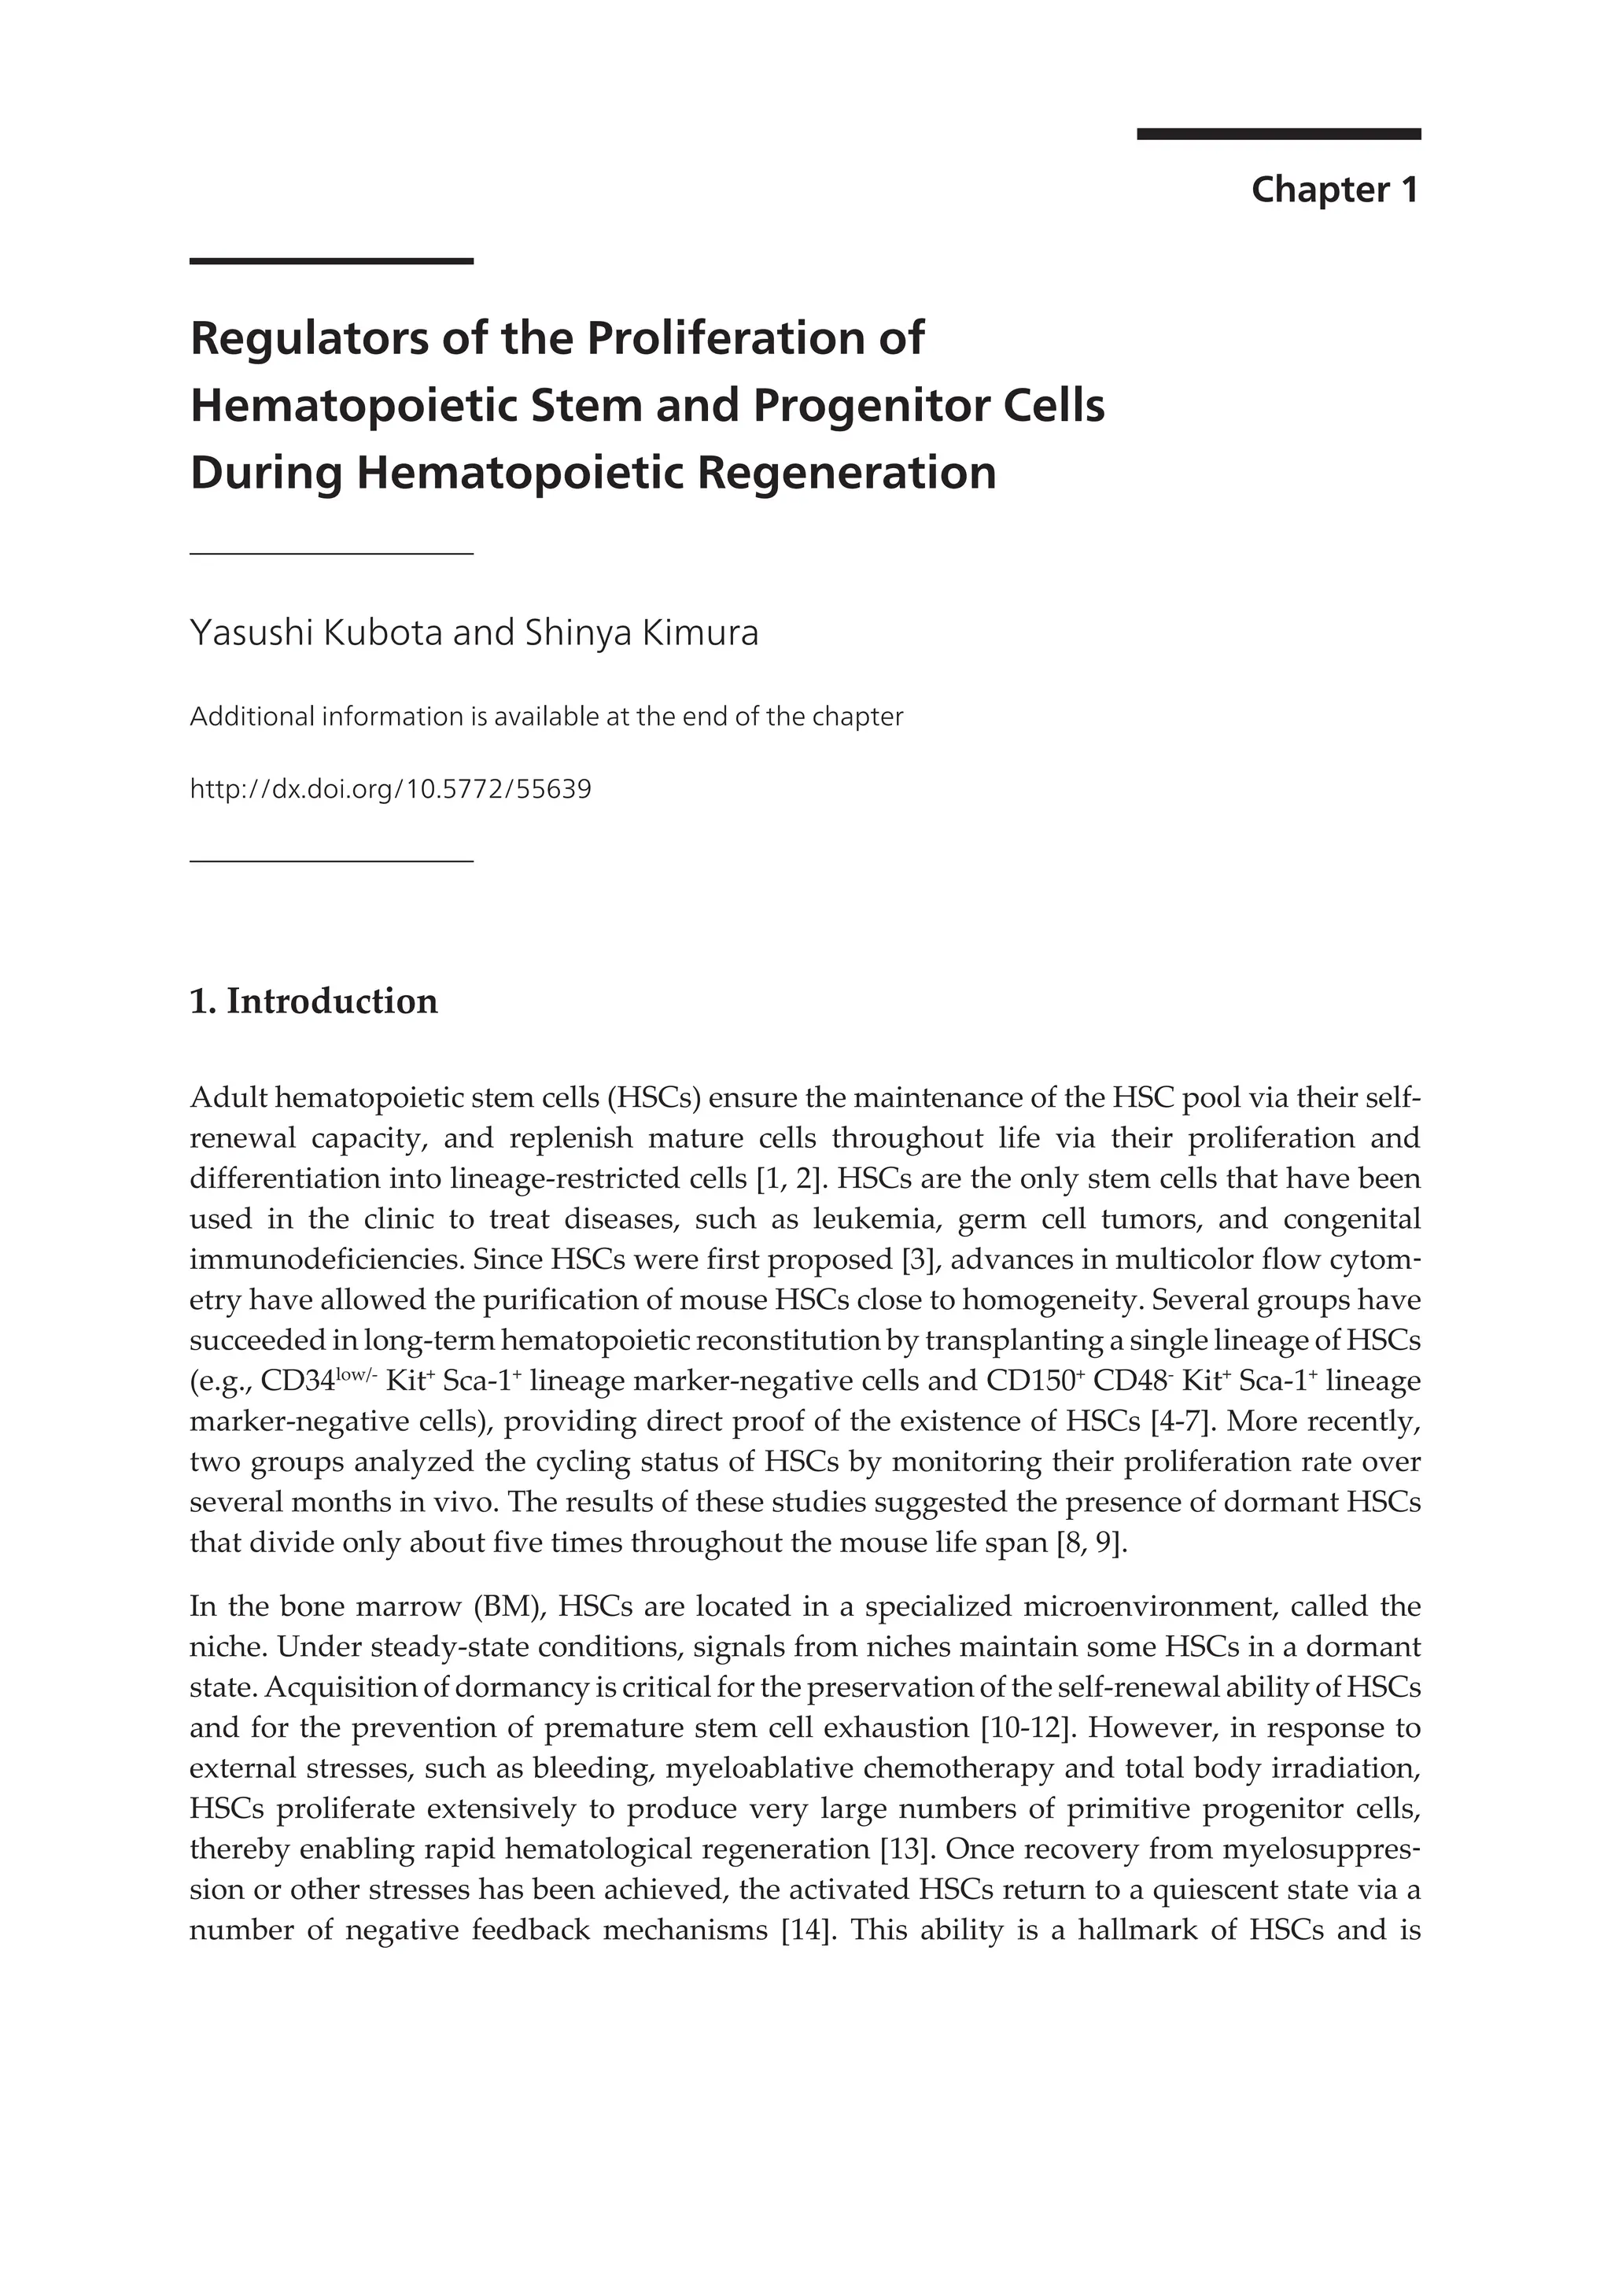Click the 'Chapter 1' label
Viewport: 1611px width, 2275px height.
pos(1334,190)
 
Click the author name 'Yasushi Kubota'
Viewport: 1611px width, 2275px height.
pos(315,633)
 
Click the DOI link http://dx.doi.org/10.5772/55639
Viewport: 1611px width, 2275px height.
pos(390,790)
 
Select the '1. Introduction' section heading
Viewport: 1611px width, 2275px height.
pos(314,1001)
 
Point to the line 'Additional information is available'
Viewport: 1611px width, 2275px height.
pos(546,717)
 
